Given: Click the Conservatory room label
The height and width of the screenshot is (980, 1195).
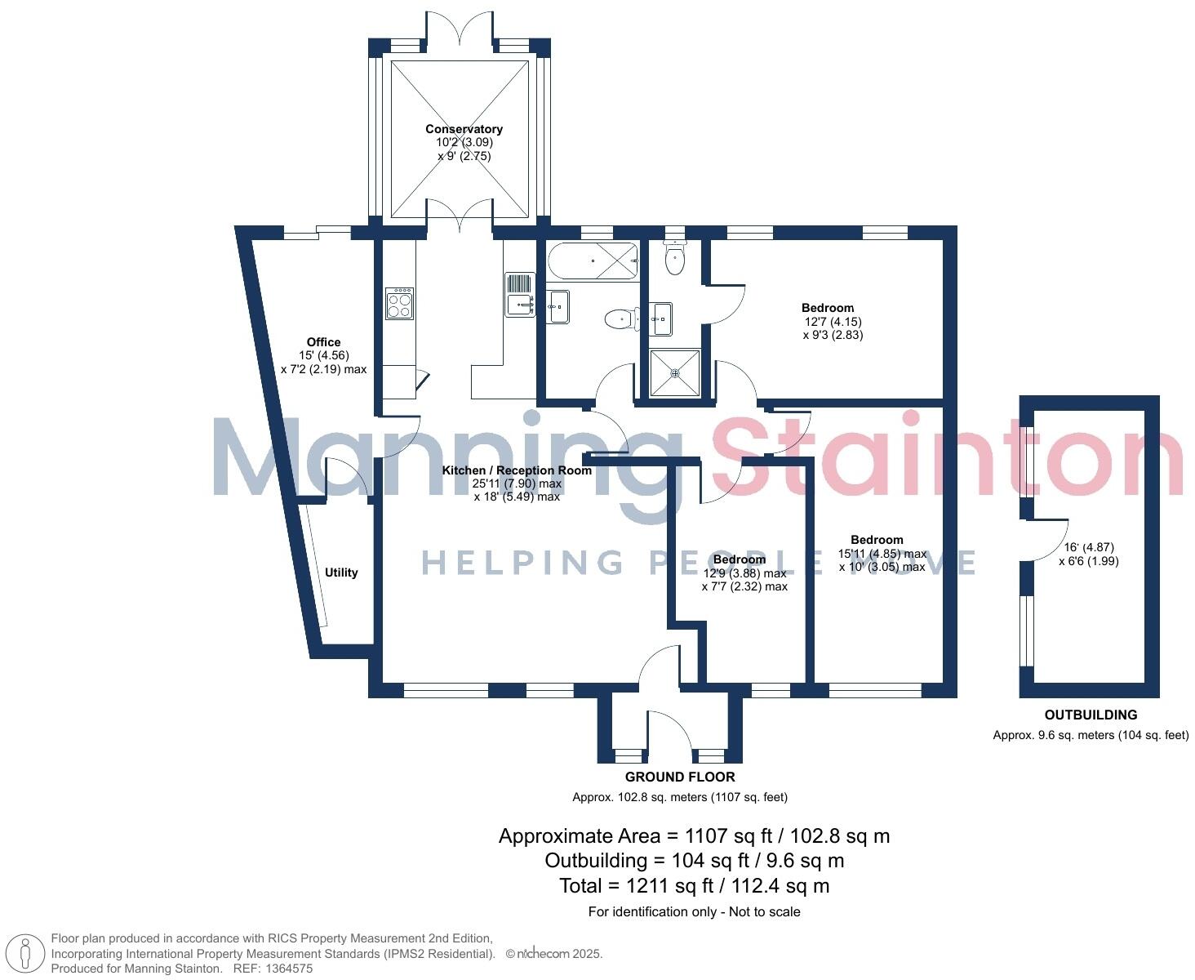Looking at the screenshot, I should pos(464,129).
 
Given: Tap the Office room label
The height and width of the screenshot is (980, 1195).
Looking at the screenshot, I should pos(323,342).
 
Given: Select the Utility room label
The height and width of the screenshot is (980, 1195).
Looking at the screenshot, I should pos(341,572).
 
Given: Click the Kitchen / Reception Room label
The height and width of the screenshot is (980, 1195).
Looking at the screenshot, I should pos(517,470).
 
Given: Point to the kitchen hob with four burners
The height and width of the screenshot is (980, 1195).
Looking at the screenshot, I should pos(400,303).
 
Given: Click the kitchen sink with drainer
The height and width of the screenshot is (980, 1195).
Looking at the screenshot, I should pos(520,295).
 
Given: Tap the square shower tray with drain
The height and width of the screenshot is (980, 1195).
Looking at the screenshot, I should pos(675,373).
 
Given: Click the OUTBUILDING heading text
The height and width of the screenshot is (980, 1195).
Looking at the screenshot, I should pos(1091,715).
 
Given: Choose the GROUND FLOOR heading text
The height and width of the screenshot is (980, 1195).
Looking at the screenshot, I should pos(680,777).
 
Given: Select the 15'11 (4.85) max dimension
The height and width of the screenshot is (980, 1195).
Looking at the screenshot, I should pos(882,554).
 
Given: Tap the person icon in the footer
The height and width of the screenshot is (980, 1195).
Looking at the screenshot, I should pos(25,954).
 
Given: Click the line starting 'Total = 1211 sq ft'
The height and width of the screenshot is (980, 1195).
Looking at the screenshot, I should pos(694,885).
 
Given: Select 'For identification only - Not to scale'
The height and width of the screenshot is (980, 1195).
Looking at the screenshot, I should pos(694,911).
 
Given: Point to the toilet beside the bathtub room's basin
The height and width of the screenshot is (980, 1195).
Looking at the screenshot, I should pos(622,318).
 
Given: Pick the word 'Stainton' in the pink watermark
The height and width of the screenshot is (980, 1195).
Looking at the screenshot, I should pos(947,457).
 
